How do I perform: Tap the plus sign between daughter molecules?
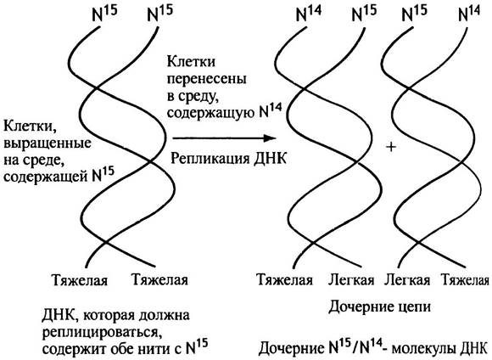[391, 146]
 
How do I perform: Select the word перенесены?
[206, 78]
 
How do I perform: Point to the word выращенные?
[47, 143]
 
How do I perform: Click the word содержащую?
[211, 113]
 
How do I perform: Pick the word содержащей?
[46, 177]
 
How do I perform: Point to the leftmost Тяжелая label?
[80, 279]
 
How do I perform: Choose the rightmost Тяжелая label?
[466, 279]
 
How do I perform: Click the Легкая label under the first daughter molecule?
[351, 279]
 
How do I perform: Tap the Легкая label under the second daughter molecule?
[407, 279]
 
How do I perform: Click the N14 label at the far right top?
[469, 14]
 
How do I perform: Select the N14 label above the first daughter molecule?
[309, 14]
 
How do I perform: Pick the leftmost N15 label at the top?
[105, 14]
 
